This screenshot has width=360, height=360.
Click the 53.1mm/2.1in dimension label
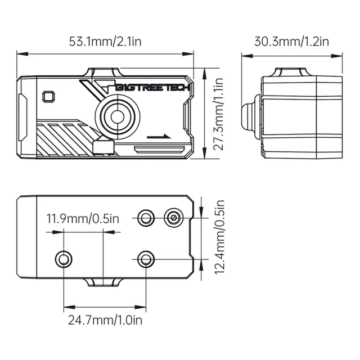pyautogui.click(x=105, y=42)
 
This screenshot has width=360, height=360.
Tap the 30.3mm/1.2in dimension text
pyautogui.click(x=291, y=42)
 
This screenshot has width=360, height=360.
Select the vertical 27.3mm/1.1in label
pyautogui.click(x=218, y=114)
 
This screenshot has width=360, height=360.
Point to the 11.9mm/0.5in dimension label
pyautogui.click(x=83, y=219)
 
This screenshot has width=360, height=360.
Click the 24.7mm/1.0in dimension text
pyautogui.click(x=105, y=320)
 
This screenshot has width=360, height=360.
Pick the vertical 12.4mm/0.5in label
pyautogui.click(x=219, y=237)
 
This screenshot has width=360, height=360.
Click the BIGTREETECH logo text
pyautogui.click(x=152, y=88)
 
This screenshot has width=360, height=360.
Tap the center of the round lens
pyautogui.click(x=118, y=116)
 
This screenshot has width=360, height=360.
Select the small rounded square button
pyautogui.click(x=48, y=97)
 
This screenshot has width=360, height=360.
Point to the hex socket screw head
pyautogui.click(x=174, y=218)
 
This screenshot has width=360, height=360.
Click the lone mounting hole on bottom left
pyautogui.click(x=64, y=259)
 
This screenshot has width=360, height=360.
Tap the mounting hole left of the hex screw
pyautogui.click(x=146, y=218)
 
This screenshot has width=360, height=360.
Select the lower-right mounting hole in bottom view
pyautogui.click(x=146, y=259)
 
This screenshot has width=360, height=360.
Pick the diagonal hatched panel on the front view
pyautogui.click(x=66, y=139)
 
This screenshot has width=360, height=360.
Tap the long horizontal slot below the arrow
pyautogui.click(x=160, y=150)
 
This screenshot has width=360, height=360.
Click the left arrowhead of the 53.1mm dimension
pyautogui.click(x=22, y=54)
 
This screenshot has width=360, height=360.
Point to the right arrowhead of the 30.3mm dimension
pyautogui.click(x=336, y=56)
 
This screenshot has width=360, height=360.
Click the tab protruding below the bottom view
pyautogui.click(x=103, y=282)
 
